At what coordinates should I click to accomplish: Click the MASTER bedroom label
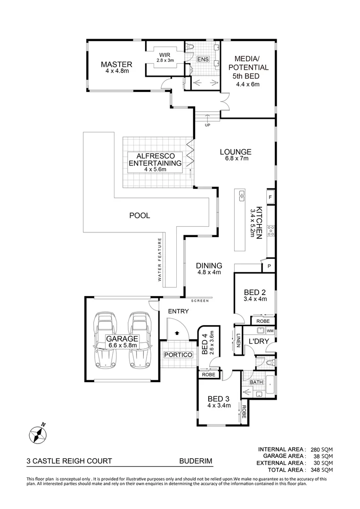click(x=116, y=65)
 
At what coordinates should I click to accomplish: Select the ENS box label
click(x=203, y=59)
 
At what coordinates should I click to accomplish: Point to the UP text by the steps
click(x=207, y=126)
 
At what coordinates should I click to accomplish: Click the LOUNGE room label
click(x=236, y=152)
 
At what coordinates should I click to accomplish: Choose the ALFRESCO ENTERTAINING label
click(x=155, y=160)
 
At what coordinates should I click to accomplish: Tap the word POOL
click(x=139, y=215)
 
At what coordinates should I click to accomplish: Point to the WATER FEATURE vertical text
click(x=160, y=260)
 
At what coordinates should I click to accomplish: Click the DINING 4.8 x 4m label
click(x=209, y=269)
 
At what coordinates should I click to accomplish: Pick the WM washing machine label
click(x=270, y=331)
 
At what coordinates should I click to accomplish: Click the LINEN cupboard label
click(x=238, y=340)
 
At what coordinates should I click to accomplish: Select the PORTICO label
click(x=178, y=354)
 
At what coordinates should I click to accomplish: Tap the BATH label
click(x=256, y=382)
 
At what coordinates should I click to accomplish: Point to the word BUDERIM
click(x=196, y=462)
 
